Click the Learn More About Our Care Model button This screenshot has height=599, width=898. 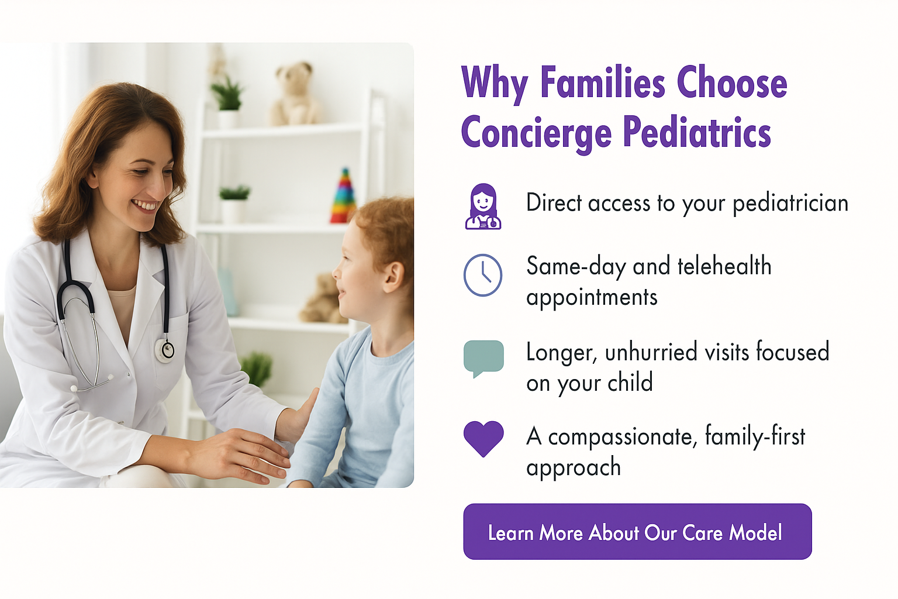click(637, 532)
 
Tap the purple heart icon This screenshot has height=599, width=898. click(483, 439)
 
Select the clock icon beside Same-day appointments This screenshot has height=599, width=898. click(483, 276)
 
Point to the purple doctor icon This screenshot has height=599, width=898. click(483, 206)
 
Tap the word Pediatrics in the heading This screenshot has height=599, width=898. click(697, 132)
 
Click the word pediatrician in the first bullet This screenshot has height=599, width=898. click(790, 204)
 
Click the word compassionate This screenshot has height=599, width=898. click(620, 436)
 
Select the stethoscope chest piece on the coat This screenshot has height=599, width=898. click(165, 350)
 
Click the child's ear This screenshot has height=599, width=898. click(393, 277)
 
